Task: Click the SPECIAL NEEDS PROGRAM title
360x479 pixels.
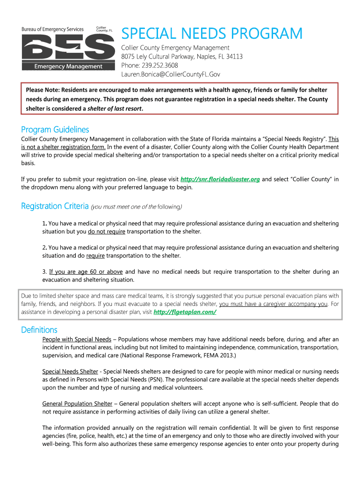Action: (x=212, y=34)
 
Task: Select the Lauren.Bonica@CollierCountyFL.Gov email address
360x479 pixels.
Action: (x=171, y=74)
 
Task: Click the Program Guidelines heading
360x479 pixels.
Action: (x=55, y=130)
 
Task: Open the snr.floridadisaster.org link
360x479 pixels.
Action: (x=220, y=179)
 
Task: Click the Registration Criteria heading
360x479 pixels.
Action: (x=55, y=206)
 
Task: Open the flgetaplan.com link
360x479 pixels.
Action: (x=185, y=312)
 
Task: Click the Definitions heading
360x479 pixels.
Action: (x=39, y=330)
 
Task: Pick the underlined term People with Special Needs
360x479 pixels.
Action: (x=77, y=339)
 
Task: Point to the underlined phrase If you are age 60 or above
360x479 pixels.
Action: (x=86, y=272)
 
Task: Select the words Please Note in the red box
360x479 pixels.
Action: (x=41, y=89)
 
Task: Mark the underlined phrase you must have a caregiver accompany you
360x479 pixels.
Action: (x=273, y=304)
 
